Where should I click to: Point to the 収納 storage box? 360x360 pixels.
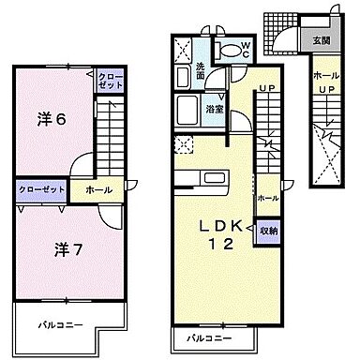click(268, 230)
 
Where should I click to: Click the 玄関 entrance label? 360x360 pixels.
click(320, 39)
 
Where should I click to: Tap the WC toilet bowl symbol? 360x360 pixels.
click(228, 52)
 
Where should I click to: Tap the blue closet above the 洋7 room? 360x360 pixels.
click(41, 188)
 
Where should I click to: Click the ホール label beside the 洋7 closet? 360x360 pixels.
click(98, 189)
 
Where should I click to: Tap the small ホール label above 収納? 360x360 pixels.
click(267, 199)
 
